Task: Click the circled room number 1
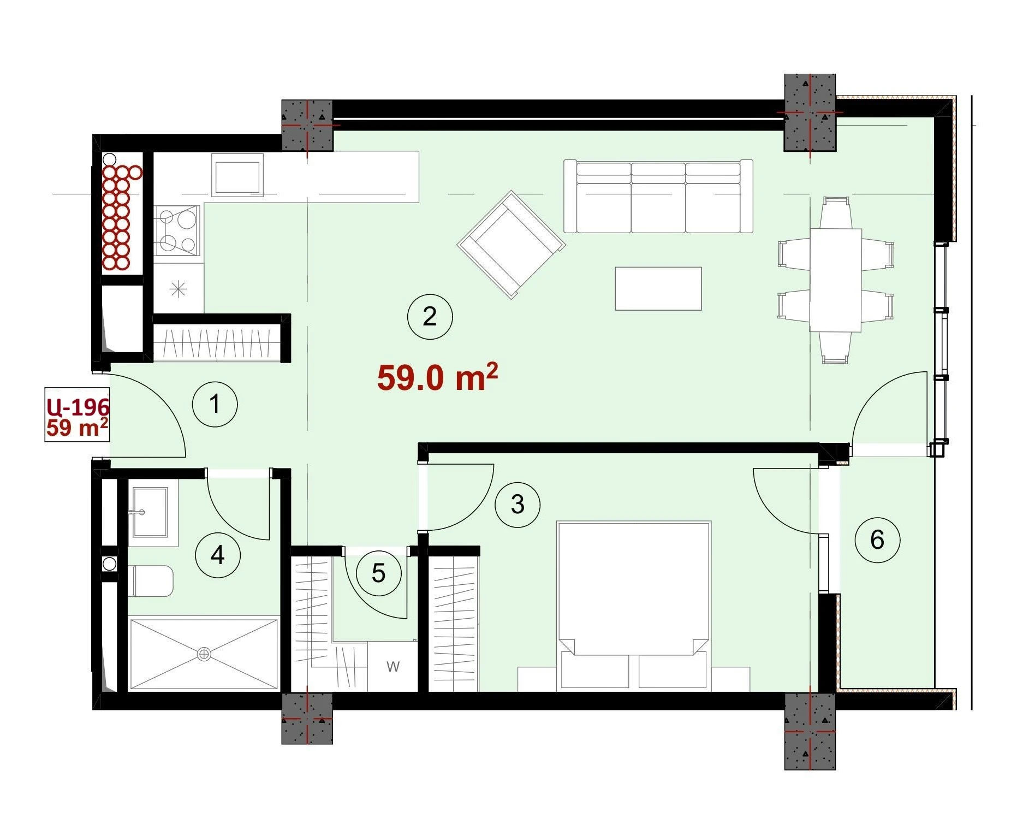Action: (215, 404)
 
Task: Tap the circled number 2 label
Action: (430, 317)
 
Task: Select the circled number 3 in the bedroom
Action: (518, 504)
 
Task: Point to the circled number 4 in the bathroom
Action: (218, 555)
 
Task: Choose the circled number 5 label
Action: (379, 573)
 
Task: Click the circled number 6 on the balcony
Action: (877, 539)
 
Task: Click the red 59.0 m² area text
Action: (437, 377)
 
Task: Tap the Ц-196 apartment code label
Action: (78, 406)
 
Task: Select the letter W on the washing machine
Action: (393, 666)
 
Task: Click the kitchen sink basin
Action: (237, 175)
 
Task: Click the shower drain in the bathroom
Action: (204, 654)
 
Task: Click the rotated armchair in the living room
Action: (511, 245)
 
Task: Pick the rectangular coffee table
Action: (658, 288)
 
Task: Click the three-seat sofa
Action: (658, 197)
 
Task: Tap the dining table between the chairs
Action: (835, 280)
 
